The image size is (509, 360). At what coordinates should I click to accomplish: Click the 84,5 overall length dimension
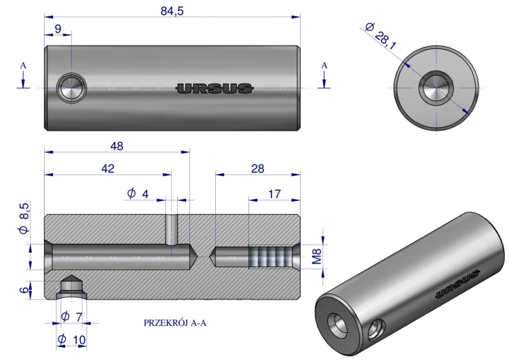172,11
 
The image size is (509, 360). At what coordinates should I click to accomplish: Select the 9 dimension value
58,29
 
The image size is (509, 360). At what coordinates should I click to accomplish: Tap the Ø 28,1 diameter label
381,36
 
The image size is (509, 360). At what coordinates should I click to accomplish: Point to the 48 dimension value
117,146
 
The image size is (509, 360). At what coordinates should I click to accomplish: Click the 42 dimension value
108,168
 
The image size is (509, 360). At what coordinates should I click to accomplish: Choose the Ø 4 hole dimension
138,194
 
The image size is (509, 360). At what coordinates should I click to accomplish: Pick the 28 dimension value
258,168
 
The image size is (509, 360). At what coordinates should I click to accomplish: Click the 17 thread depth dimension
274,194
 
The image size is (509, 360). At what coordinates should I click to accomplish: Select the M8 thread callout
316,257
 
